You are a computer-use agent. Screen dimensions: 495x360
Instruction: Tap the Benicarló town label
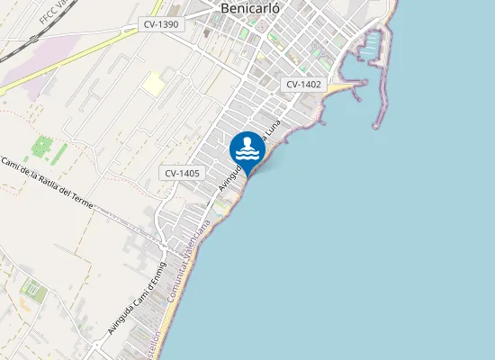pyautogui.click(x=250, y=9)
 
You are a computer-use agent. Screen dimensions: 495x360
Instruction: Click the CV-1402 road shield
pyautogui.click(x=304, y=84)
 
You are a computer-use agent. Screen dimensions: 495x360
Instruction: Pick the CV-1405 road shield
pyautogui.click(x=183, y=173)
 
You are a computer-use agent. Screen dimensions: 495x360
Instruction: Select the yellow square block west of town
pyautogui.click(x=154, y=84)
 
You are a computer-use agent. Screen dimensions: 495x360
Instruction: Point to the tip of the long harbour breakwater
pyautogui.click(x=377, y=123)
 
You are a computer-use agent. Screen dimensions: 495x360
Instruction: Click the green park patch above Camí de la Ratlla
pyautogui.click(x=43, y=147)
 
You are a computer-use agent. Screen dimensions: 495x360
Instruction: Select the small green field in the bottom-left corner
pyautogui.click(x=32, y=290)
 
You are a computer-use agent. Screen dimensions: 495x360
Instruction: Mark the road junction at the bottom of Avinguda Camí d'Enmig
pyautogui.click(x=95, y=346)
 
